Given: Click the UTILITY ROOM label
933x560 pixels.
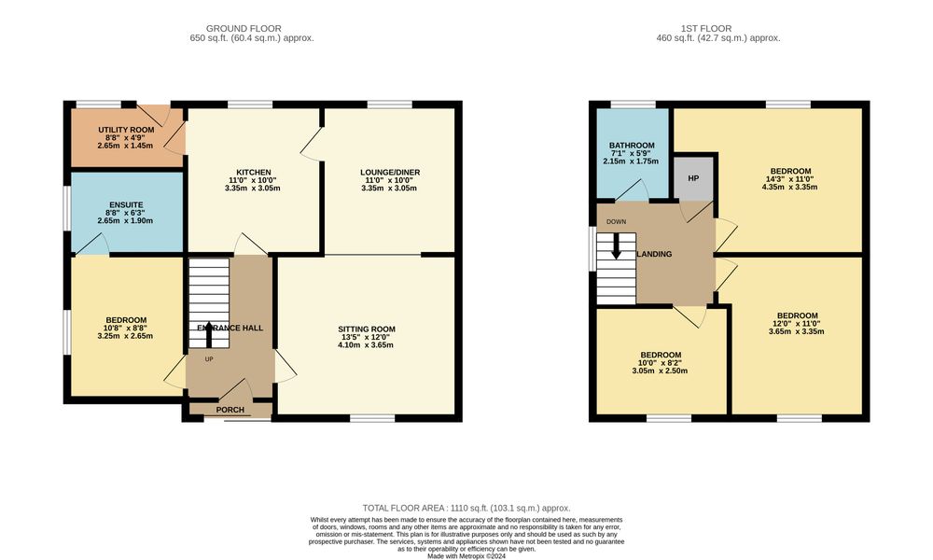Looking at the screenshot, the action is (x=126, y=130).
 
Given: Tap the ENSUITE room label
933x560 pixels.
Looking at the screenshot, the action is (x=126, y=205).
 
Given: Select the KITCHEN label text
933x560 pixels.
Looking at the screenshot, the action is (x=254, y=173).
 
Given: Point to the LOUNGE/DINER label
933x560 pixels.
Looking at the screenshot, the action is (x=390, y=173).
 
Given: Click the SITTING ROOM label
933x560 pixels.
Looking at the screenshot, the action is (x=367, y=329).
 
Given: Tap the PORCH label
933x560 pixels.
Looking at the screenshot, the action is (x=230, y=410).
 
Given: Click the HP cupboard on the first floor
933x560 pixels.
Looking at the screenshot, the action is (x=693, y=178).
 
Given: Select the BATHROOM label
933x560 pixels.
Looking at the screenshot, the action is (x=632, y=146).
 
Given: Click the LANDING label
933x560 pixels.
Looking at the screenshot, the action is (x=655, y=254).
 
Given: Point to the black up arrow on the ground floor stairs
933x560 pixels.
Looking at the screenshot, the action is (x=209, y=334).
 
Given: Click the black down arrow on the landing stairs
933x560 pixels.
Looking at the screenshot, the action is (x=617, y=245).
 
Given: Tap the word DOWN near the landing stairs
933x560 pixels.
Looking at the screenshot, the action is (x=617, y=222).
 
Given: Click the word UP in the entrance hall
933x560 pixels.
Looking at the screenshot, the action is (x=209, y=359).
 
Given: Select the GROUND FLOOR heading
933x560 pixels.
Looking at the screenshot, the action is (x=244, y=28).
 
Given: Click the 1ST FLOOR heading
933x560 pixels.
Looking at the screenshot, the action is (x=706, y=28).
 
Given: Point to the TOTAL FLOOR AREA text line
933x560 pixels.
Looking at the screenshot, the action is (x=466, y=509).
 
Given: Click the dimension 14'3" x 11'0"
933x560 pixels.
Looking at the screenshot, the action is (x=789, y=179).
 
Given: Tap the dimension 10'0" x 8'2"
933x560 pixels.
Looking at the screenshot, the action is (x=660, y=363).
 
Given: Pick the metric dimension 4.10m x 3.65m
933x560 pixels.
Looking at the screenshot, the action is (x=366, y=345).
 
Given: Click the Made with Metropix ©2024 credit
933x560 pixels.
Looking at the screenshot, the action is (x=466, y=556).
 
